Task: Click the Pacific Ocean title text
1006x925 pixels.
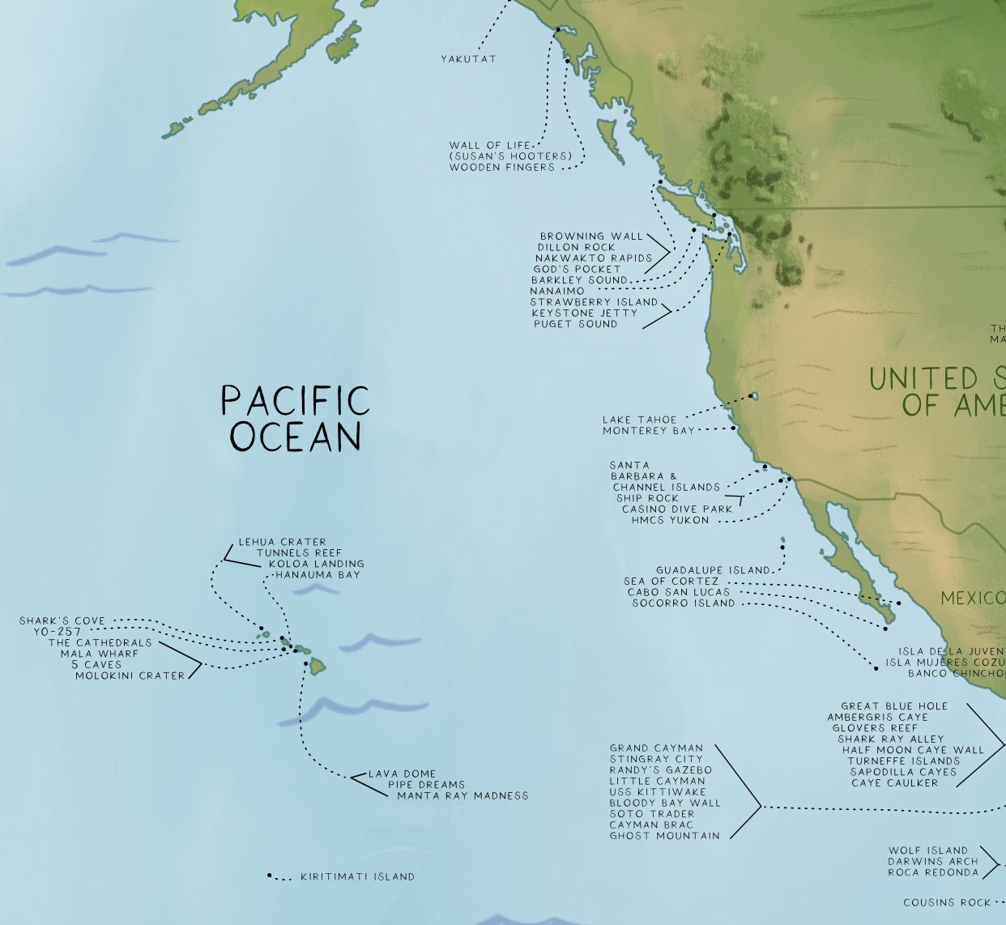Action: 295,418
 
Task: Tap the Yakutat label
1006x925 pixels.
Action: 468,59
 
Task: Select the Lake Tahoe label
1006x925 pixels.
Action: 639,420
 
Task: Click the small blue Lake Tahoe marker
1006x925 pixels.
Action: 754,396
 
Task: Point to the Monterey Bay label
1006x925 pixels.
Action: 648,431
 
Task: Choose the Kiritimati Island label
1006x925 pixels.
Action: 357,876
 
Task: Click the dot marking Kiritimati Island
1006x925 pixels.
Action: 270,876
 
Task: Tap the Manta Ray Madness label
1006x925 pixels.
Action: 462,796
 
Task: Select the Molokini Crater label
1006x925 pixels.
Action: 130,676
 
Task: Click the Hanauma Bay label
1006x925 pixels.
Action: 318,575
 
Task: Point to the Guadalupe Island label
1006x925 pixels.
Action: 713,570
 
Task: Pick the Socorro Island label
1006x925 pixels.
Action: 684,603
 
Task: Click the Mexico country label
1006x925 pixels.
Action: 972,599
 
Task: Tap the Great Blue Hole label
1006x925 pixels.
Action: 894,706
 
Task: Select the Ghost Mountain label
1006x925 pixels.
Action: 664,836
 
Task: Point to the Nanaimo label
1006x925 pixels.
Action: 557,291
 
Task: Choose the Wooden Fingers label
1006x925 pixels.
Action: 502,168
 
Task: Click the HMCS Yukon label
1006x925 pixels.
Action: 670,520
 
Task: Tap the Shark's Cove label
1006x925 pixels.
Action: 62,621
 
